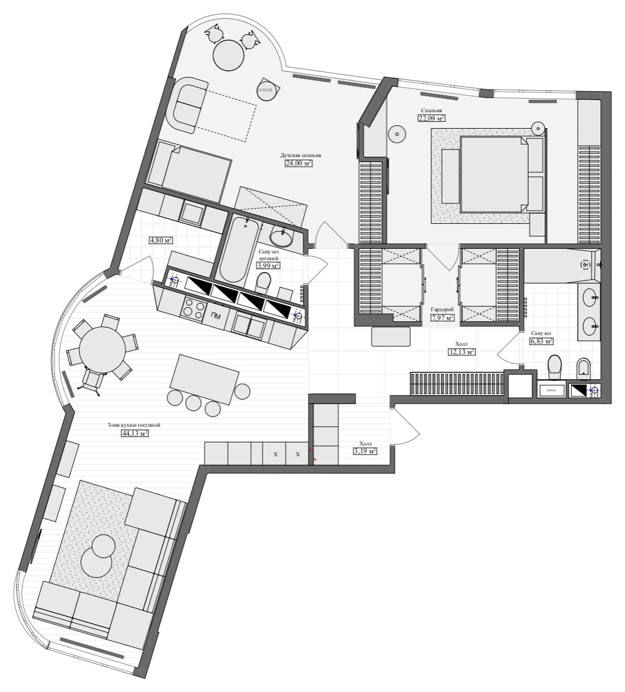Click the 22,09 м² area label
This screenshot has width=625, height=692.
(x=431, y=118)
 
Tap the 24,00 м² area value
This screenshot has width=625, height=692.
(x=298, y=163)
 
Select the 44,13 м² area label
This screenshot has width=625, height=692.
(x=134, y=434)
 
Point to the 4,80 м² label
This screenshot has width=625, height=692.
(x=161, y=240)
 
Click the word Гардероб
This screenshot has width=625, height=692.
(x=442, y=309)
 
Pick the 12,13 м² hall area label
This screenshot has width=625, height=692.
(x=462, y=351)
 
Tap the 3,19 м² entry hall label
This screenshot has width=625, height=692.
(x=364, y=452)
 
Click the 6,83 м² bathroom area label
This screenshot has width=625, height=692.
(x=541, y=341)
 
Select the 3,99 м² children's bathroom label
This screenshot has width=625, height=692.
(x=268, y=265)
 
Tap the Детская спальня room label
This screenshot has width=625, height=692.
(x=301, y=155)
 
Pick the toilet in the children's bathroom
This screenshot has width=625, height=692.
(x=264, y=282)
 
